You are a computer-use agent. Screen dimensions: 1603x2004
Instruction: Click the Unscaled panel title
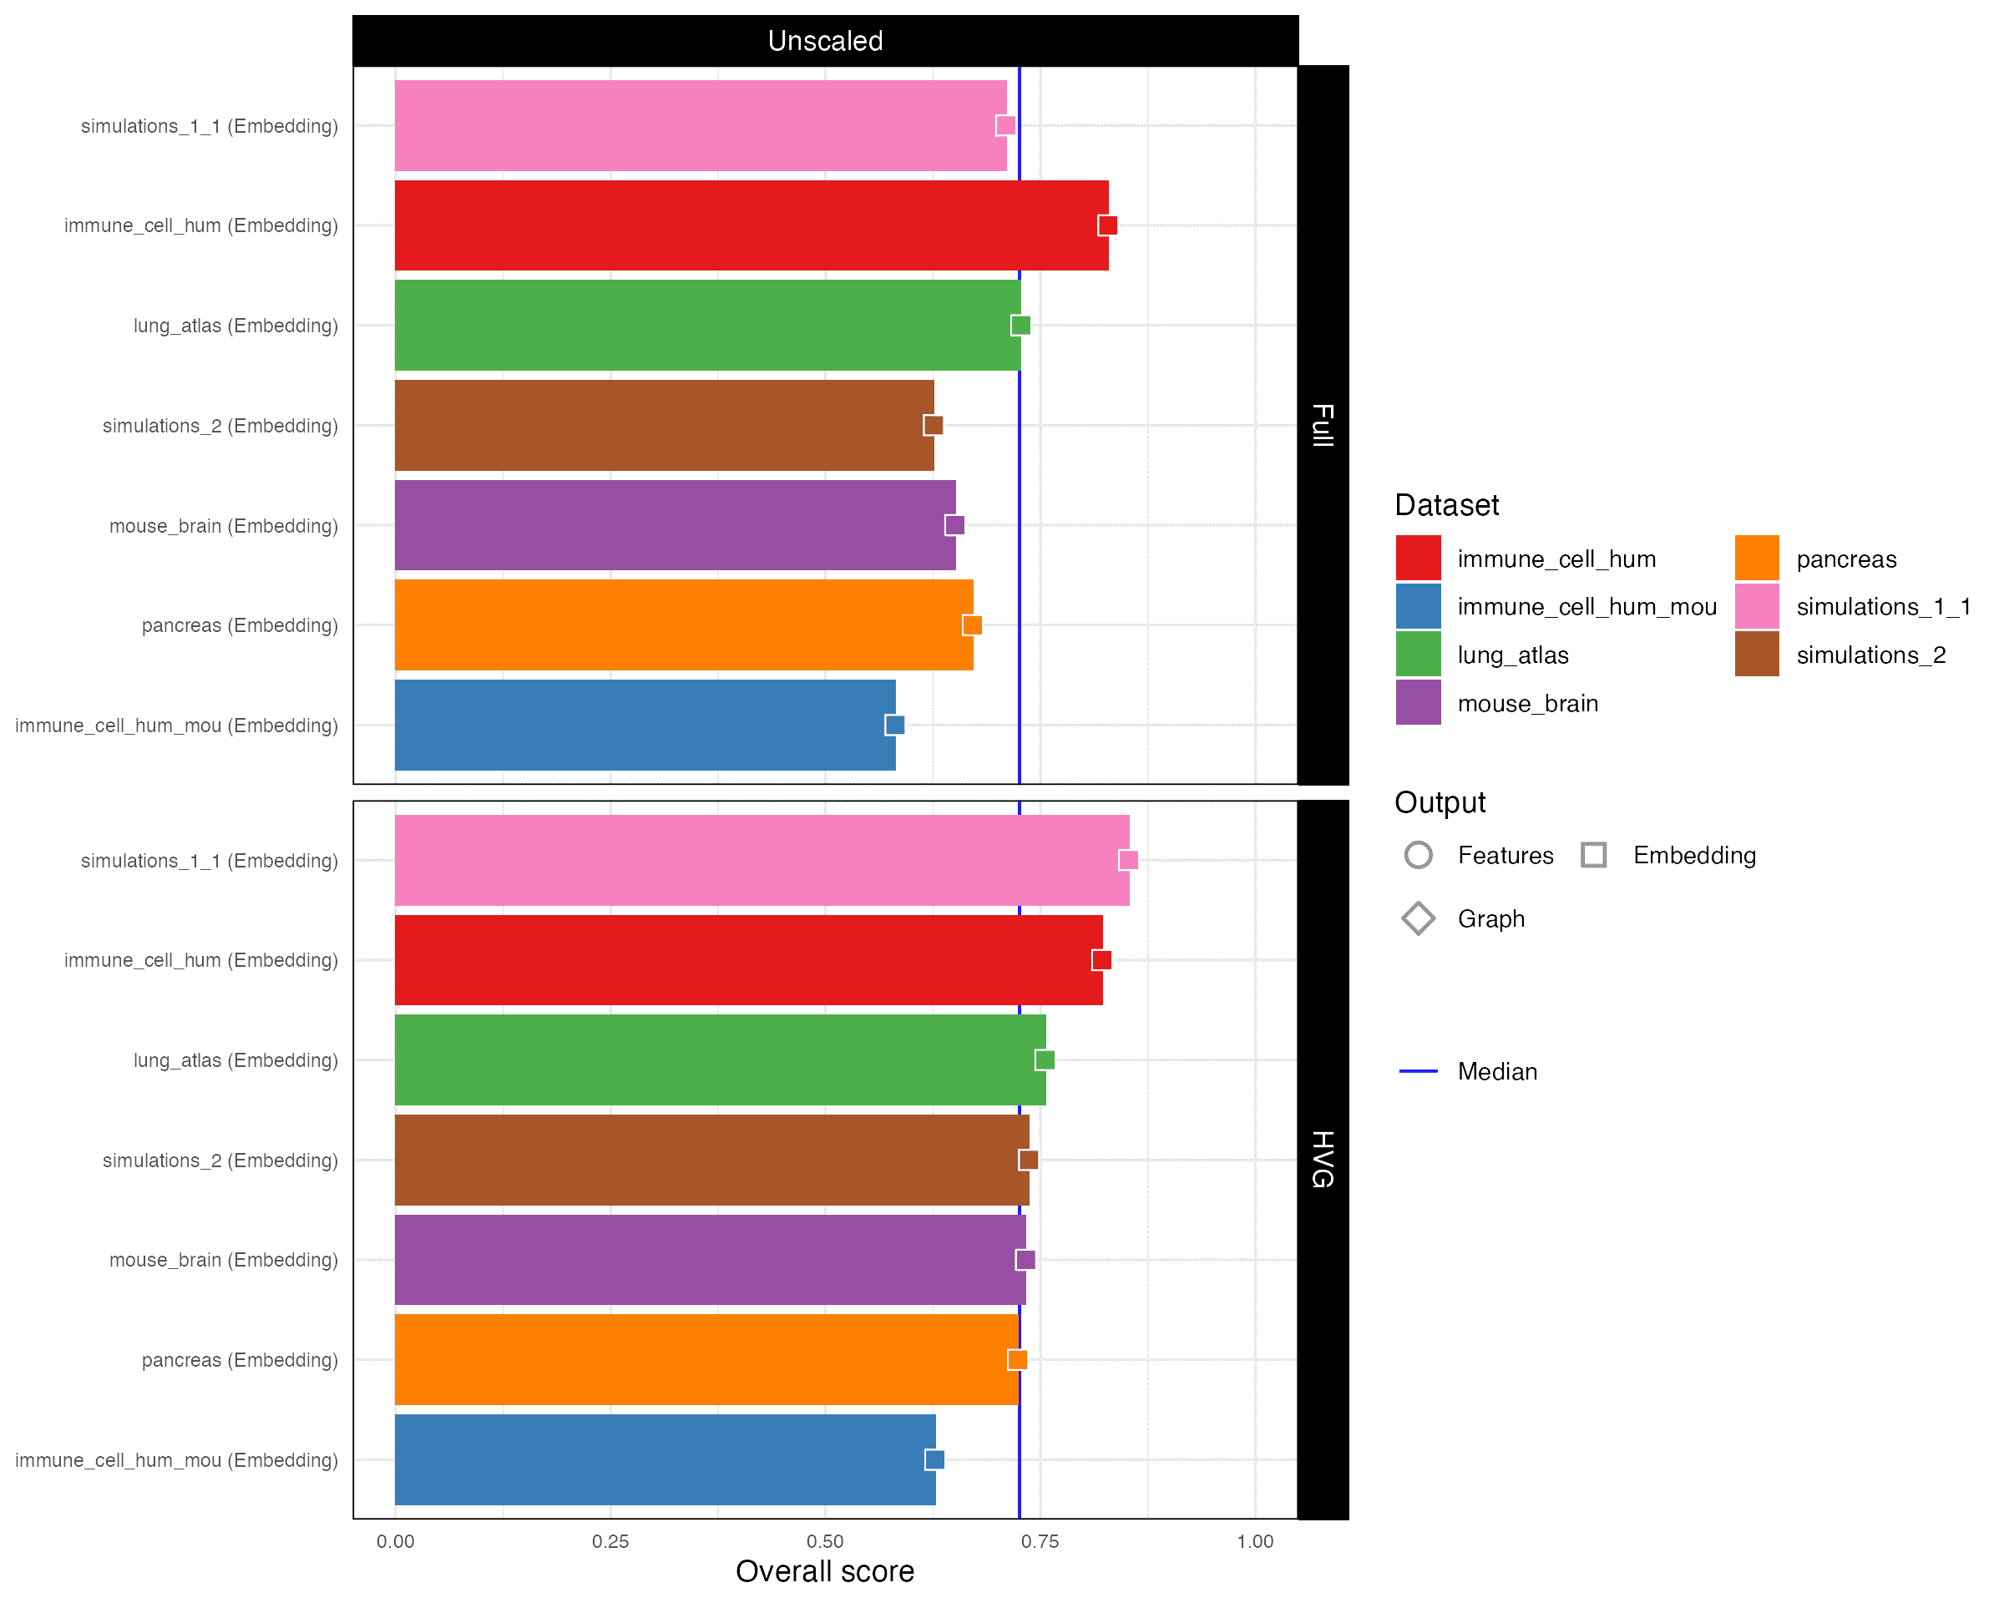coord(824,41)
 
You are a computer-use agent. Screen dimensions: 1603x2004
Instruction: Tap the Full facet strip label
coord(1322,425)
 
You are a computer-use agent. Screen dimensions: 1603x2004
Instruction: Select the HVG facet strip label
coord(1322,1159)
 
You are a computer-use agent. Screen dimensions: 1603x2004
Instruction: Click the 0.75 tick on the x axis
coord(1040,1542)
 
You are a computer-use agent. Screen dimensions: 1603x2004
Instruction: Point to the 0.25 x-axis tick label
coord(610,1542)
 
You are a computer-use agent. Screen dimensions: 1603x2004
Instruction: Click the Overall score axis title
coord(824,1571)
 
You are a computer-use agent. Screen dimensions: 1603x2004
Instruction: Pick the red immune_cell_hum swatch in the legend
coord(1418,558)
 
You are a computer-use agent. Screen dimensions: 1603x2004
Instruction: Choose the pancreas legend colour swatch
coord(1756,558)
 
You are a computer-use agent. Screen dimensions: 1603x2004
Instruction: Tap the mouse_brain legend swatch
coord(1418,702)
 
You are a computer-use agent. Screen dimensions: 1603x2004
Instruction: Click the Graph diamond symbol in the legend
coord(1418,918)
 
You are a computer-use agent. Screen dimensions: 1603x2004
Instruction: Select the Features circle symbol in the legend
coord(1418,855)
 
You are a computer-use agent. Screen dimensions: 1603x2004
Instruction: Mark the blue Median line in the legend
coord(1418,1071)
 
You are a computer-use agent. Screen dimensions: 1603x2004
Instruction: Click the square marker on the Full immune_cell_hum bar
coord(1107,225)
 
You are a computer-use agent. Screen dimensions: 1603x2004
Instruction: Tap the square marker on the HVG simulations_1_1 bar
coord(1128,860)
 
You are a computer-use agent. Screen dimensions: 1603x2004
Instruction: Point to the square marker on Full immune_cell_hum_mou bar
coord(894,725)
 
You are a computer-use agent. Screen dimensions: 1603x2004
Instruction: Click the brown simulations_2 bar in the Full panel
coord(664,425)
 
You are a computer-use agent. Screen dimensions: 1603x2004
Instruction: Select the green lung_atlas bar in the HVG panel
coord(720,1059)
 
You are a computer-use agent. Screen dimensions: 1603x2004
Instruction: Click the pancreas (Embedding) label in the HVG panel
coord(239,1359)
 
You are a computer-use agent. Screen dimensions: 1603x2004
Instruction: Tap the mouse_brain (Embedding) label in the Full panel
coord(223,526)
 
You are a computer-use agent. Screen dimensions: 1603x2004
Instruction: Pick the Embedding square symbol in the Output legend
coord(1593,855)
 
